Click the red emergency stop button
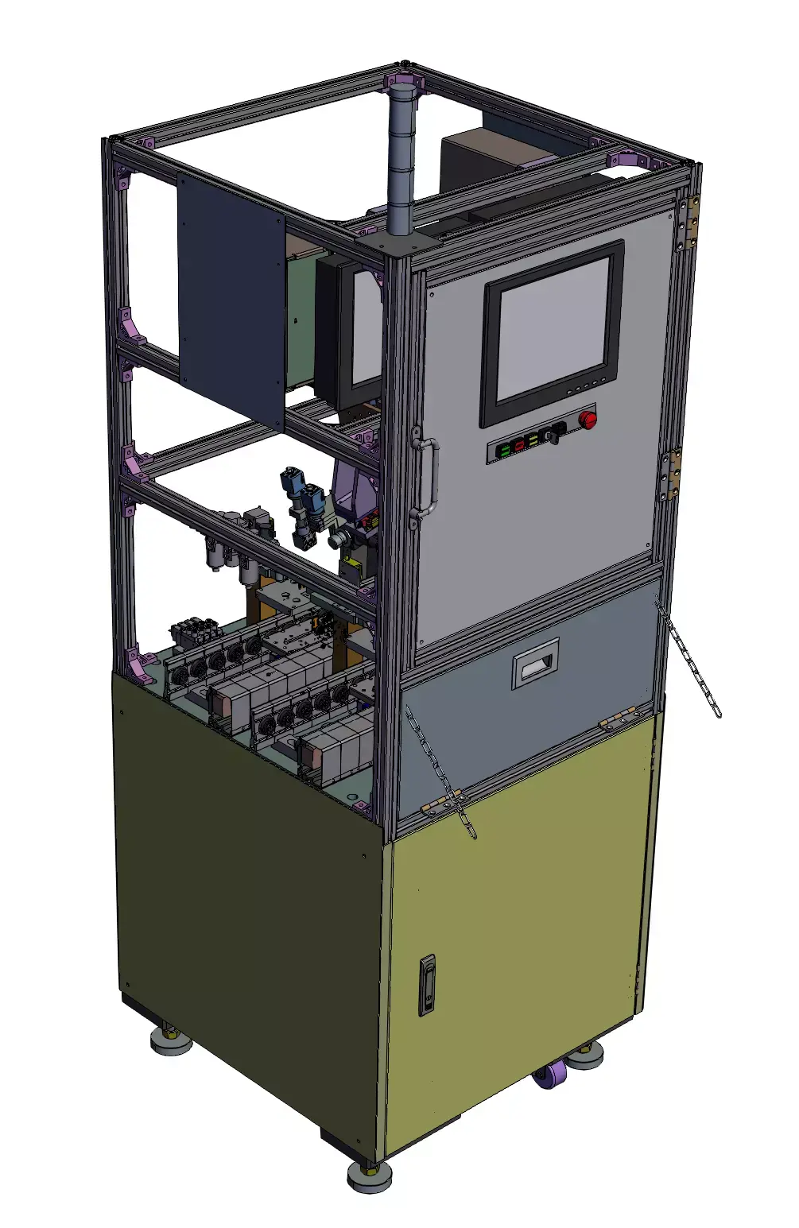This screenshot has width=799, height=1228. tap(588, 419)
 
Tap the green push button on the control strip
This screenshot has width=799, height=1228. tap(504, 451)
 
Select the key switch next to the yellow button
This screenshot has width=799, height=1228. tap(552, 435)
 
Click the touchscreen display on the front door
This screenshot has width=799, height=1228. tap(553, 333)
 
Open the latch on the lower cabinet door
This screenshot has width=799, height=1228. tap(427, 986)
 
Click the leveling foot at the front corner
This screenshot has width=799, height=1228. tap(370, 1176)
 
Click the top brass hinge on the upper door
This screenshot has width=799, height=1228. tap(688, 223)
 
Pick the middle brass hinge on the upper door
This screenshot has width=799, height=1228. tap(670, 475)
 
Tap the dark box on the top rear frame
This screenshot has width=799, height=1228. tap(477, 159)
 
